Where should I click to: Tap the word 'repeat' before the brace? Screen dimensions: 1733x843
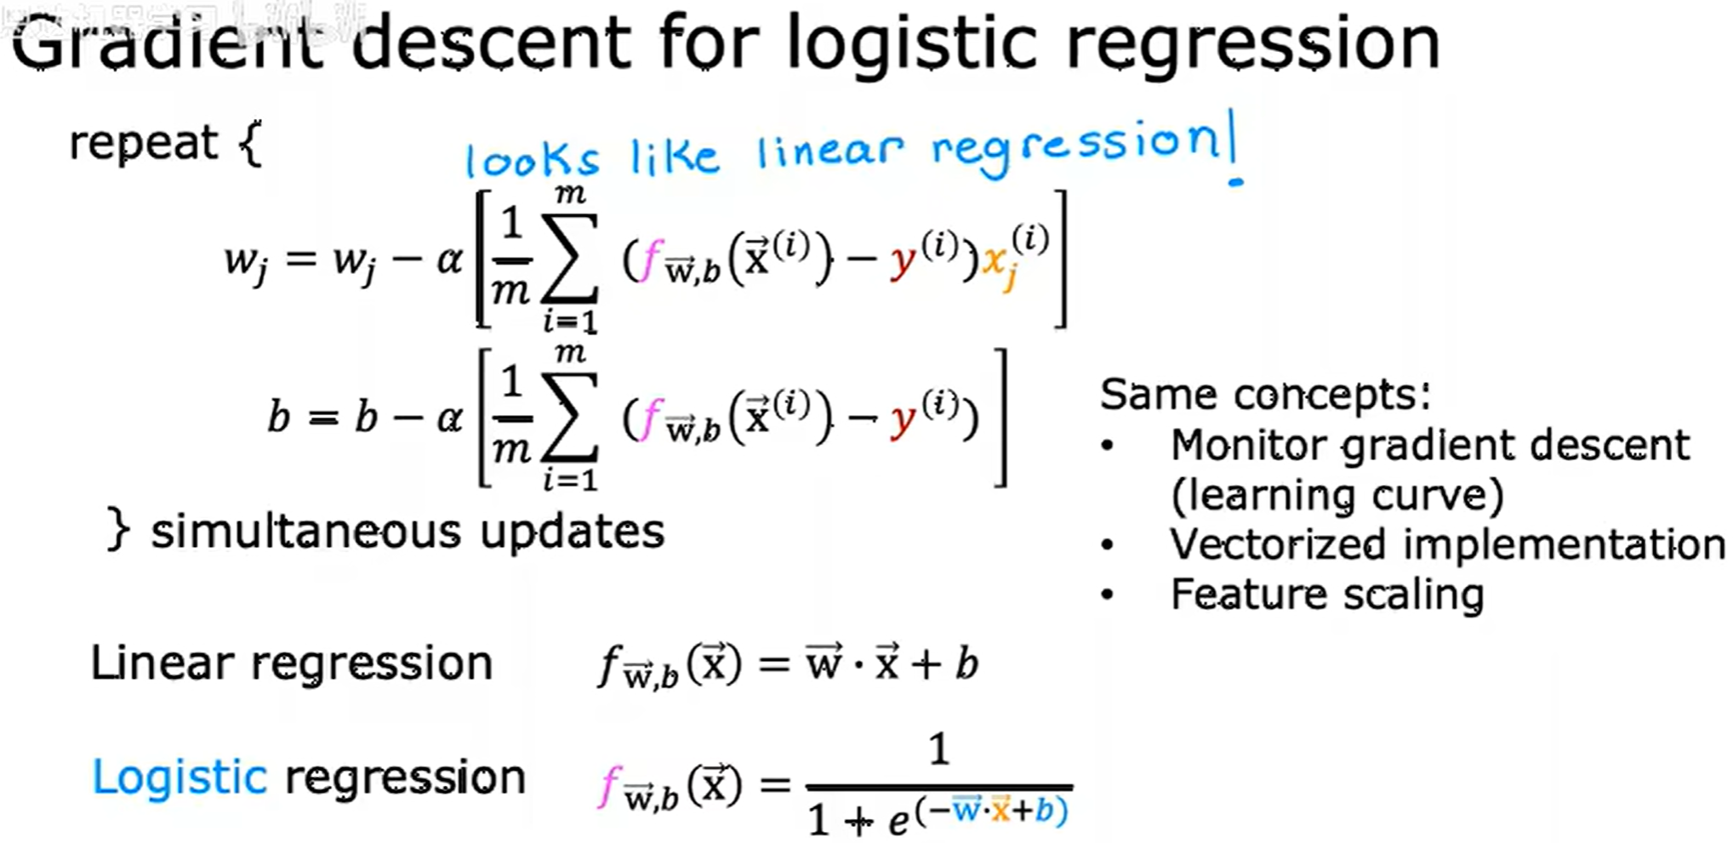(143, 143)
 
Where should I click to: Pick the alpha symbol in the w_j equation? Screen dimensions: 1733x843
(450, 259)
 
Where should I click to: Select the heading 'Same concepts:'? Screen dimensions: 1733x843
(1265, 395)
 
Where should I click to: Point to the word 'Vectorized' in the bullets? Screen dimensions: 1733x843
(1277, 544)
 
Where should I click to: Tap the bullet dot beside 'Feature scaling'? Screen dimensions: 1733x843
(1107, 595)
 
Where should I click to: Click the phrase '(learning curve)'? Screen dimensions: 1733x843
(1337, 496)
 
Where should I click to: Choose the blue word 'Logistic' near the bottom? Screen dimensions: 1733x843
(180, 777)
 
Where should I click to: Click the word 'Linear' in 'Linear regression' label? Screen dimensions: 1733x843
(162, 664)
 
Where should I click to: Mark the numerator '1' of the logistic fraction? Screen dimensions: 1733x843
(939, 750)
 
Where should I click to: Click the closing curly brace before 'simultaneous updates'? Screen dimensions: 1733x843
(118, 530)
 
